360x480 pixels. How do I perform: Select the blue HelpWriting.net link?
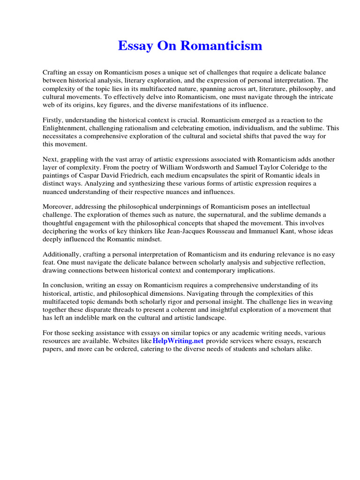click(x=178, y=341)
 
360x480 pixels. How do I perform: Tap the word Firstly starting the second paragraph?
click(x=53, y=120)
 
